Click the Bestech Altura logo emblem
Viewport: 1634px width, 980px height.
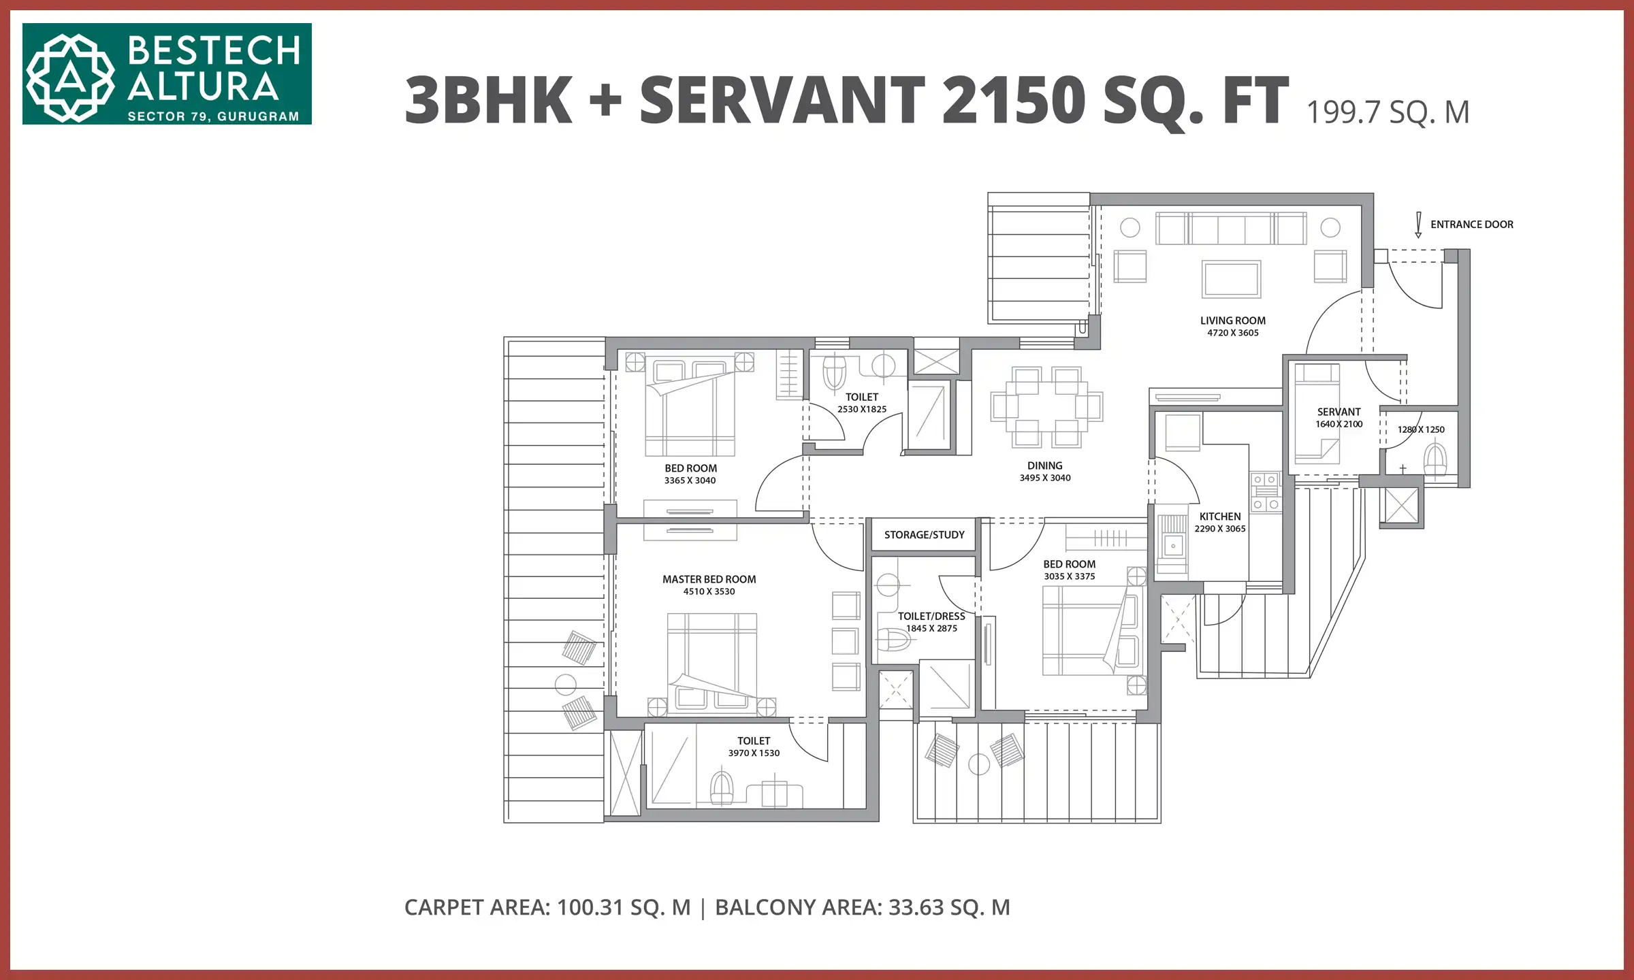70,78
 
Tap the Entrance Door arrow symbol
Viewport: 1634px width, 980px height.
1418,225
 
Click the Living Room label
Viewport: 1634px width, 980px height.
1232,321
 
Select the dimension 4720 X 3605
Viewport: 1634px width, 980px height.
1232,333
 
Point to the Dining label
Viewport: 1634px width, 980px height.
1044,465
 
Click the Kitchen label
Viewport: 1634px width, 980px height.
1219,517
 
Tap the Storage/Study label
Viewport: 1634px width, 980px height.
924,535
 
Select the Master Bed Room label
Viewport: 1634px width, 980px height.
709,579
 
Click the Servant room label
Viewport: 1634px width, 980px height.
1339,412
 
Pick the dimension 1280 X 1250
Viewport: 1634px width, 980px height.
1420,429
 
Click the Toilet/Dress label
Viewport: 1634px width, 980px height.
931,616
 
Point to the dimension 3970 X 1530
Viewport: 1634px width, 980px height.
754,753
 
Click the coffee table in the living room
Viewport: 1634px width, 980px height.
1231,279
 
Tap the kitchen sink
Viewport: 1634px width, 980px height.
1172,546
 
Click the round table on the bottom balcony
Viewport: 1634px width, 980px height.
978,764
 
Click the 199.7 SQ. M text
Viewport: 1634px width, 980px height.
1388,112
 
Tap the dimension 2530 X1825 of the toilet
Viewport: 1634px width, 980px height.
861,409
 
